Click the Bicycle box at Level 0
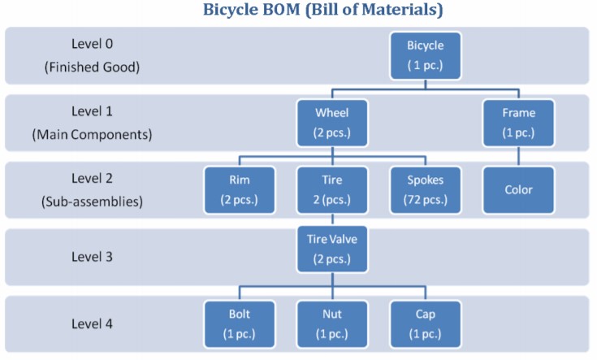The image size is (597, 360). click(426, 54)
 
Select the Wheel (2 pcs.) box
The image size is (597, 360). click(332, 121)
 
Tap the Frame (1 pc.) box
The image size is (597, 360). click(519, 121)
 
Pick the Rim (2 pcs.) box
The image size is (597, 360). click(239, 189)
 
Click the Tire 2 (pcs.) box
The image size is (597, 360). click(332, 189)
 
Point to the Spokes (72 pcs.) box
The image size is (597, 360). click(426, 189)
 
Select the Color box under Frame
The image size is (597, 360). click(519, 189)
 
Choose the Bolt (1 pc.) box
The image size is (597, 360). click(239, 323)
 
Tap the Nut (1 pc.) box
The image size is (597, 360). click(332, 323)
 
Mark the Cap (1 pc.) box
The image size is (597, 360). click(426, 323)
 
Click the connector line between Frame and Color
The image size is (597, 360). click(519, 154)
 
